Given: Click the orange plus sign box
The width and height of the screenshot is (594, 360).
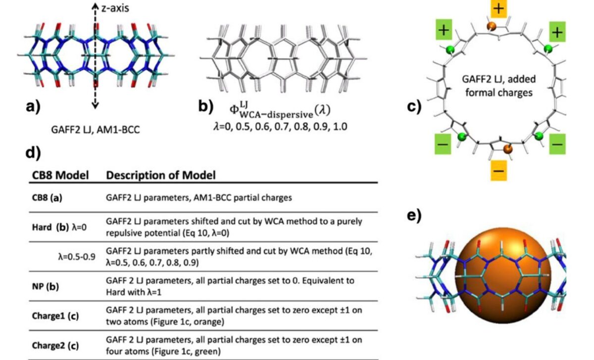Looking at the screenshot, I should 498,8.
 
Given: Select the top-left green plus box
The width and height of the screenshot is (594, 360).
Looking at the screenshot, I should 443,30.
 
